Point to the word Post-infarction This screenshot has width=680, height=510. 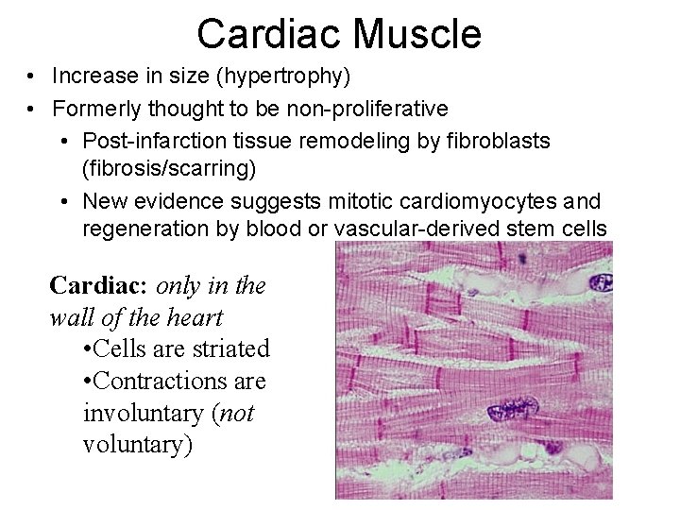click(x=149, y=141)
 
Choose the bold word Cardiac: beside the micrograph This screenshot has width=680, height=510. click(x=99, y=285)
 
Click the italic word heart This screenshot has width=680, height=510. click(x=195, y=317)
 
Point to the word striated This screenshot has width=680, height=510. click(x=231, y=348)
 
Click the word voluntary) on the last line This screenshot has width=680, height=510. click(x=138, y=445)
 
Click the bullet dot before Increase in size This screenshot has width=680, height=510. click(x=32, y=76)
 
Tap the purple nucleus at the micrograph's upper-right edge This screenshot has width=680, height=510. click(x=601, y=281)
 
